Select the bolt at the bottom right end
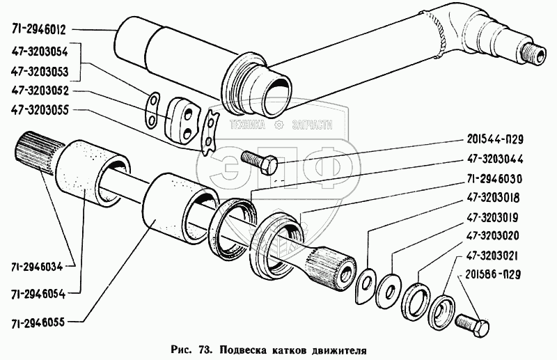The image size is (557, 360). click(x=473, y=323)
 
